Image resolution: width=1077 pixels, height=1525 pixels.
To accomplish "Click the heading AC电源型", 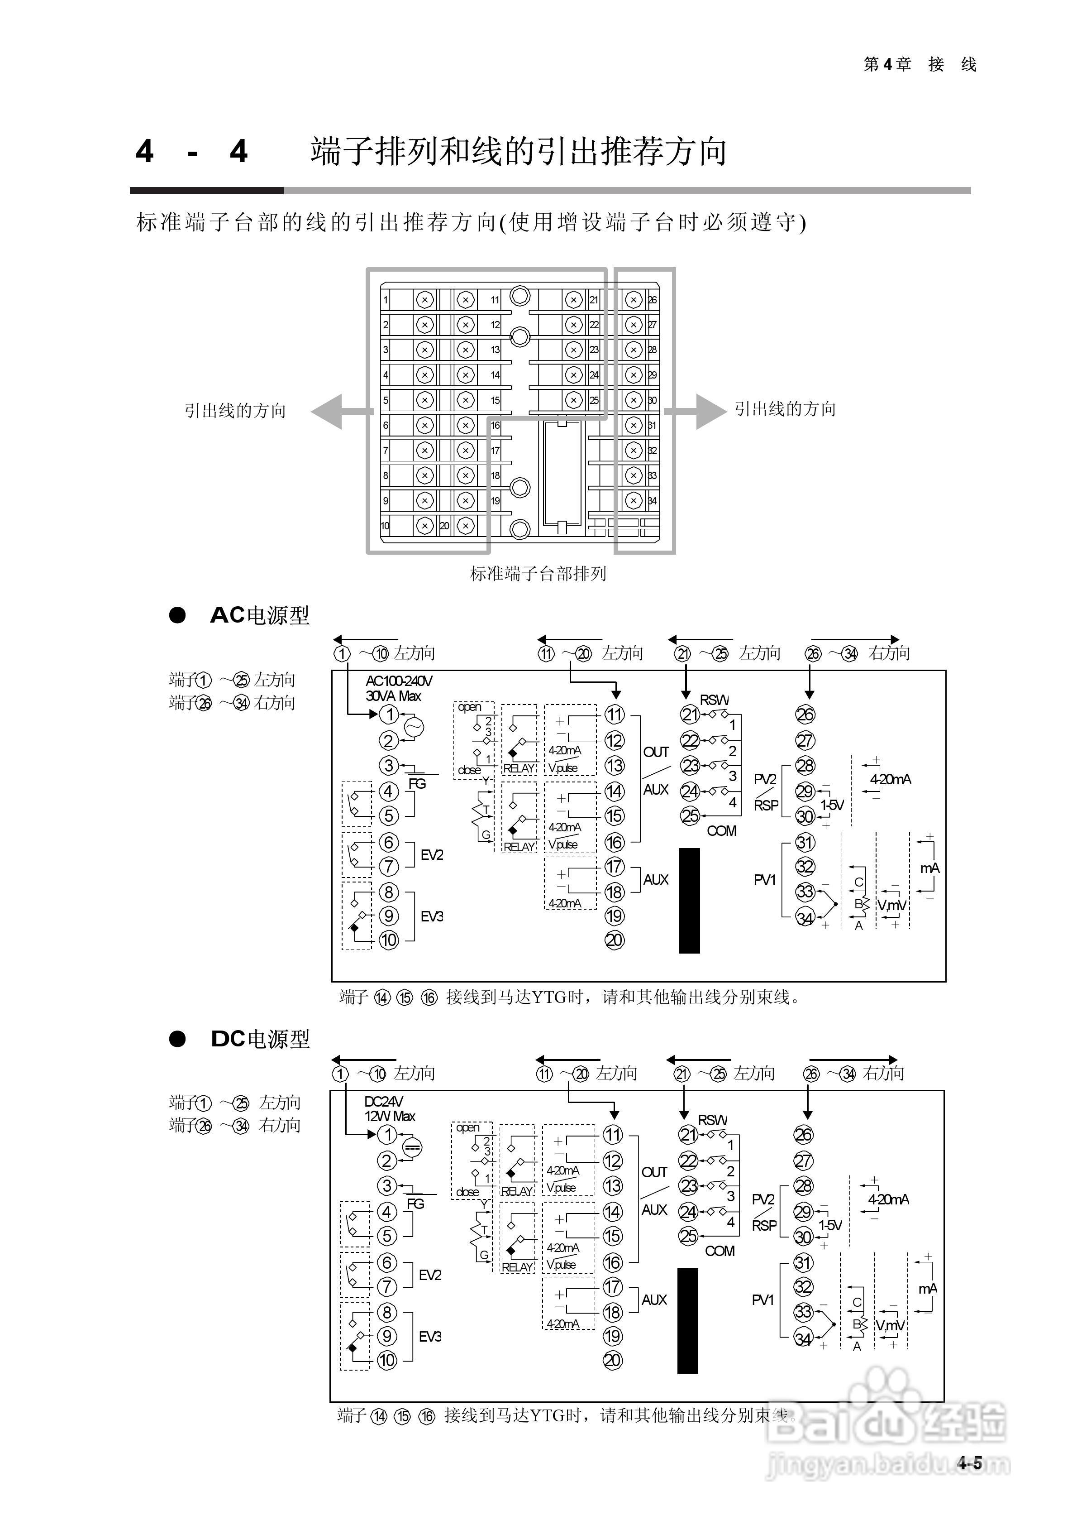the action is [260, 615].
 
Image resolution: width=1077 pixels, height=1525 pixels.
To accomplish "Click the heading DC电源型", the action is [260, 1039].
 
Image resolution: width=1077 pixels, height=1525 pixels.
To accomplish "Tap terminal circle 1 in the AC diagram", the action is [389, 715].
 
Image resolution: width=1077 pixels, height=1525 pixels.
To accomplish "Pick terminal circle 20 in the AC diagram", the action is [614, 940].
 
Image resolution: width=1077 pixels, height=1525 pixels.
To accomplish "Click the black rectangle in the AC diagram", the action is [689, 901].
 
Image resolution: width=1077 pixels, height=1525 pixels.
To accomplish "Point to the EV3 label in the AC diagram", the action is [432, 916].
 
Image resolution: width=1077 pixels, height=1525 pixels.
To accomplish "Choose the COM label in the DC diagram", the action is [720, 1252].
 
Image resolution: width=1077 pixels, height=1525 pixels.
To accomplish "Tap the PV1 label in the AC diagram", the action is [764, 880].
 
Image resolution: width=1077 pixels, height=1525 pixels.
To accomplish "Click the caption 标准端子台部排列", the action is [538, 573].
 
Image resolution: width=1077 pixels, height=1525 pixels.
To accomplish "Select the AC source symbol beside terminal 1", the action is [413, 727].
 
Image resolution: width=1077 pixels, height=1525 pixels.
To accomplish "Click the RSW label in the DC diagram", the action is [712, 1120].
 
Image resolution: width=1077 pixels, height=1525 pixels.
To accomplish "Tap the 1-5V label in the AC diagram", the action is [831, 805].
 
